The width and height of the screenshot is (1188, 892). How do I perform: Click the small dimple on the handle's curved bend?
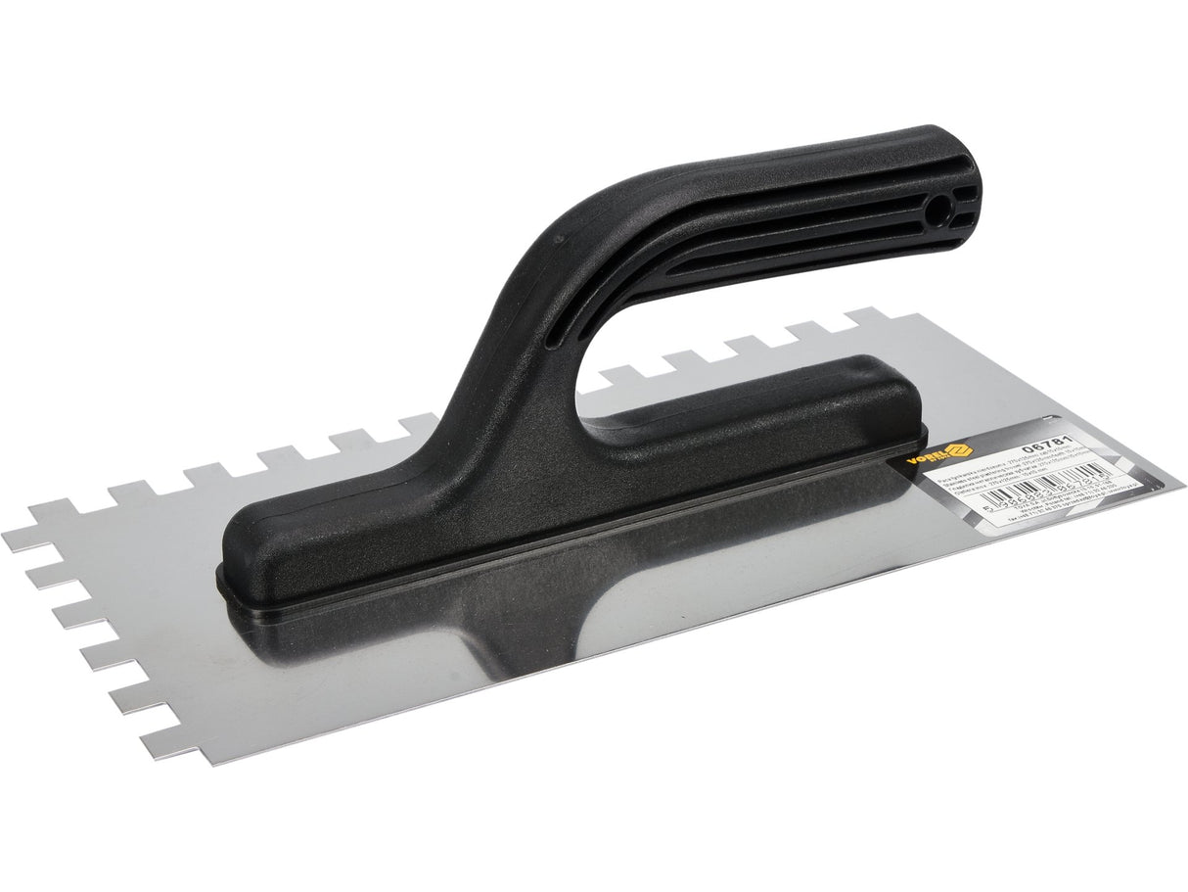pos(560,237)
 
